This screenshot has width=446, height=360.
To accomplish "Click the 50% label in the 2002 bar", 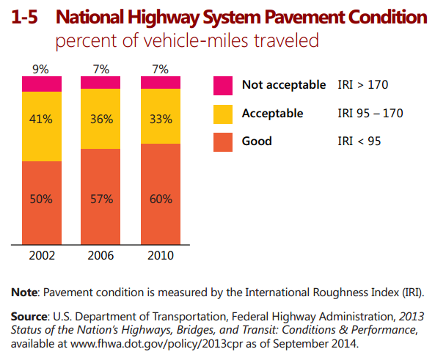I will click(41, 199).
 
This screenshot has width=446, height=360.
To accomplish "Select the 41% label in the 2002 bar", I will click(41, 119).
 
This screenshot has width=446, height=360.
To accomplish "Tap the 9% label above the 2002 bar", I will click(41, 70).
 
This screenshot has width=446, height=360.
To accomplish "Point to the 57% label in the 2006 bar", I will click(100, 199).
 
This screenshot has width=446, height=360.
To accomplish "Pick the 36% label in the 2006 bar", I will click(100, 119).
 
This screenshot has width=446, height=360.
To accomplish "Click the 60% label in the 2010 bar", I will click(161, 199).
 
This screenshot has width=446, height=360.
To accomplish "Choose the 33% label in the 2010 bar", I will click(161, 119).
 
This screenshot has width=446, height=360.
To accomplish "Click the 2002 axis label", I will click(41, 256).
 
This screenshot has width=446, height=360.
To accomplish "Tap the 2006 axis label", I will click(100, 256).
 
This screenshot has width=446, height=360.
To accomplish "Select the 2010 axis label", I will click(161, 256).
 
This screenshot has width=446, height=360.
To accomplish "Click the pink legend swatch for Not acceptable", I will click(222, 85).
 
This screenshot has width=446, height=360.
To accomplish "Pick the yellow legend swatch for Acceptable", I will click(222, 113).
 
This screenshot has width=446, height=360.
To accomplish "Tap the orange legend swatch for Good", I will click(222, 141).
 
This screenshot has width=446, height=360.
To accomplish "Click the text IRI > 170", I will click(362, 85).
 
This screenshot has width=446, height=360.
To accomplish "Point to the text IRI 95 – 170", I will click(370, 113).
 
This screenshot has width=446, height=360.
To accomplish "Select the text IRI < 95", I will click(359, 141).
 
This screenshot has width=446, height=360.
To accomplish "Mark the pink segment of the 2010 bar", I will click(161, 82).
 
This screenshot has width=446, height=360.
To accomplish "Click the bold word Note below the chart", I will click(26, 293).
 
